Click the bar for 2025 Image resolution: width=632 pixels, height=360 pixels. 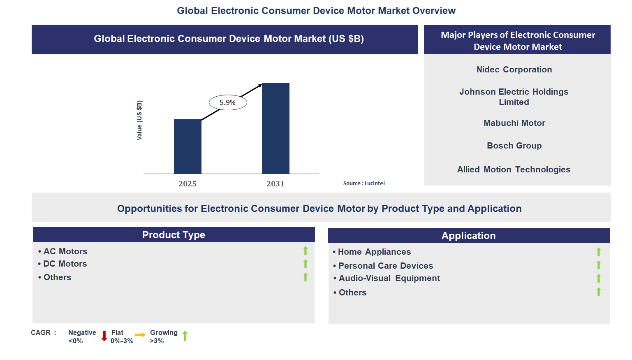pos(188,146)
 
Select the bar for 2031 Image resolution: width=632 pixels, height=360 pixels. pos(275,128)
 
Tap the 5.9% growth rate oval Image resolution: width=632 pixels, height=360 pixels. pos(228,102)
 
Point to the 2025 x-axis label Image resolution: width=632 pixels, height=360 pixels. pos(188,184)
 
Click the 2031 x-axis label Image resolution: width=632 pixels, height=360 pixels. pos(275,184)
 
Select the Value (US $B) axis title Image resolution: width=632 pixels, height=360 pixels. pos(139,120)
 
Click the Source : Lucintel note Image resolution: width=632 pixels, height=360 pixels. pos(364,183)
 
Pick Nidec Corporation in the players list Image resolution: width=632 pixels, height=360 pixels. pos(514,70)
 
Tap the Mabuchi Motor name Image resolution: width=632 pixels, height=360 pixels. pos(514,123)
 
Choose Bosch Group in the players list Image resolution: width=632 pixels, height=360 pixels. pos(514,146)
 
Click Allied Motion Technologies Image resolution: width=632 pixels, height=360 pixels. pos(514,170)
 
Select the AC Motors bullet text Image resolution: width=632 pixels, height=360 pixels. pos(65,251)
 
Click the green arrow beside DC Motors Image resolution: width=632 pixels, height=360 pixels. pos(306,264)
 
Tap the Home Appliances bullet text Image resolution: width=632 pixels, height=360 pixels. pos(374,252)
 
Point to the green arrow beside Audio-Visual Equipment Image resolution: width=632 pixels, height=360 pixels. pos(599,279)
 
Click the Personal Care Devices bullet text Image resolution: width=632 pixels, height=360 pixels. pos(385,266)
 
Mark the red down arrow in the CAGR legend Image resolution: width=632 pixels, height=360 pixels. pos(104,336)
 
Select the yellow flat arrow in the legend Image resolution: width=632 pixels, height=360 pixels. pos(140,335)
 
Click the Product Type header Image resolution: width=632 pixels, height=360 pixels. pos(174,235)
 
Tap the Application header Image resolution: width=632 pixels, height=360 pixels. pos(468,236)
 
